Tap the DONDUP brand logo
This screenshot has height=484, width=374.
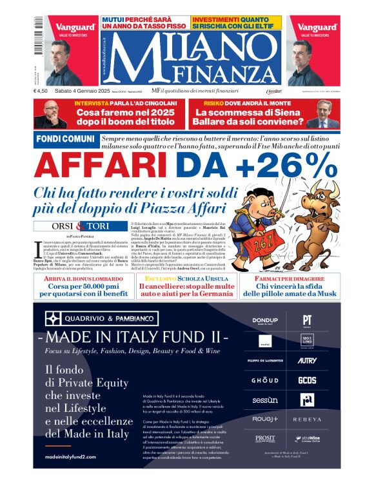coord(264,320)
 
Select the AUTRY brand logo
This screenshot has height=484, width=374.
coord(307,360)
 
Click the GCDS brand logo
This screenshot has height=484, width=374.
coord(307,380)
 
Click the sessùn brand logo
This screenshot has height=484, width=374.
coord(264,400)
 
